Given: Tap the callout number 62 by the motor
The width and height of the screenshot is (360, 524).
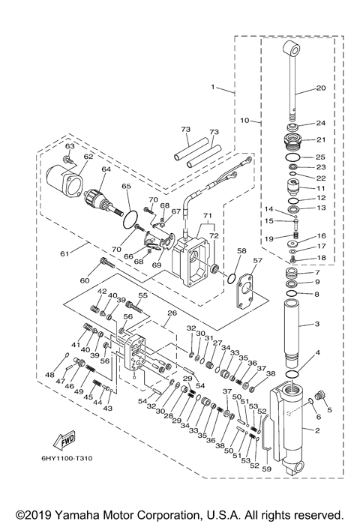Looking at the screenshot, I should coord(88,157).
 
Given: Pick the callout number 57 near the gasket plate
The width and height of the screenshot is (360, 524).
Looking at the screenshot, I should coord(258,261).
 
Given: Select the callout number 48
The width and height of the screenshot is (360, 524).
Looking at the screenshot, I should coord(49,374).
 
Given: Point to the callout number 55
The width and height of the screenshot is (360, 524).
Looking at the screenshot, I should coord(143,297).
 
